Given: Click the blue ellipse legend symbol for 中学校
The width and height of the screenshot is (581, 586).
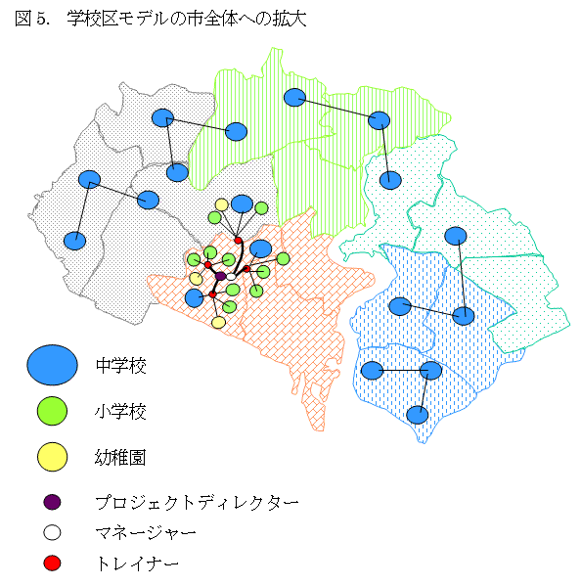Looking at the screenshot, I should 52,366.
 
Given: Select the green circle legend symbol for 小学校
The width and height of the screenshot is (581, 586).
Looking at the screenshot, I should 52,412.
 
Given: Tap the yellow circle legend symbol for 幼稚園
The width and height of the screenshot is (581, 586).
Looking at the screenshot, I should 52,456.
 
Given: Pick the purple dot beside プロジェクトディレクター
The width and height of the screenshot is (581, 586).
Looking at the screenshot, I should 53,502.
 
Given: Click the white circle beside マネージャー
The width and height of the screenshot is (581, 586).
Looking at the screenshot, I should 53,532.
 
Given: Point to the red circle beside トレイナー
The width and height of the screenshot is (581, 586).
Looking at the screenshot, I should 53,563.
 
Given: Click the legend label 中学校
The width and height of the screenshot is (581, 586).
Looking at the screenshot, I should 120,366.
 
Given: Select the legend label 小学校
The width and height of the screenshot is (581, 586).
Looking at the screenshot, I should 120,412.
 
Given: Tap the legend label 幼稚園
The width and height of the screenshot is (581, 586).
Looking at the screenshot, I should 120,457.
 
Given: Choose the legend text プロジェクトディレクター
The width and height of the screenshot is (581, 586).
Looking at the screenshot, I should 197,502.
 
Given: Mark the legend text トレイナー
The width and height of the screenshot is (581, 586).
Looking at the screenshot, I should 136,563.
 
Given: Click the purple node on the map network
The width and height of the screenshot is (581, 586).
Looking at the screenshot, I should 221,277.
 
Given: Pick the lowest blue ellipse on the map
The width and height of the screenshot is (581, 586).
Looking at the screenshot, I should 418,415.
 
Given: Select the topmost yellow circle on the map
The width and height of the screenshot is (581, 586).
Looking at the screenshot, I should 222,204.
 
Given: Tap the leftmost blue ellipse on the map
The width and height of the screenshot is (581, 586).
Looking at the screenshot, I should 74,240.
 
